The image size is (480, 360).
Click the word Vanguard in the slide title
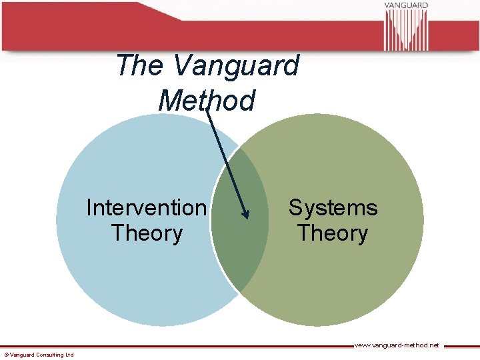tap(236, 66)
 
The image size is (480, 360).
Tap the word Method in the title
tap(207, 101)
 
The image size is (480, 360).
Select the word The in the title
tap(139, 66)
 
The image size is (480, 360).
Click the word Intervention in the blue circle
tap(146, 208)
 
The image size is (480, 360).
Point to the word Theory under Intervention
tap(147, 233)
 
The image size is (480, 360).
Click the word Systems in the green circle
tap(333, 208)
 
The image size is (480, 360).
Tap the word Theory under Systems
tap(333, 233)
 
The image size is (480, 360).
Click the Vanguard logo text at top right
tap(405, 5)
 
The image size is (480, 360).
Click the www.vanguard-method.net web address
tap(396, 345)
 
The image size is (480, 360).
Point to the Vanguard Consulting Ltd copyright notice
tap(39, 355)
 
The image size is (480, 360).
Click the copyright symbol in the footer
tap(6, 355)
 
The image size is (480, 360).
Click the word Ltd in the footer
tap(69, 355)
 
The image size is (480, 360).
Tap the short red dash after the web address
tap(461, 346)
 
